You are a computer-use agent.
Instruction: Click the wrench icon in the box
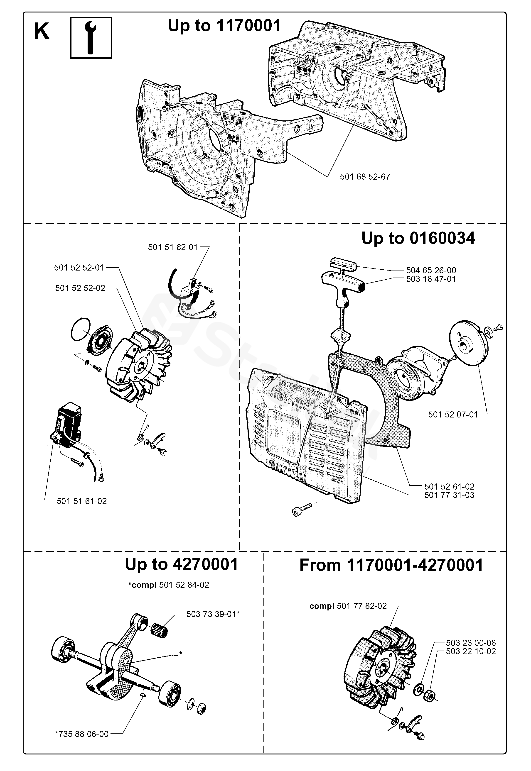91,38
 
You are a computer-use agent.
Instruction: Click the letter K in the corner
42,32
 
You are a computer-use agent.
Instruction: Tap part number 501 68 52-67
365,177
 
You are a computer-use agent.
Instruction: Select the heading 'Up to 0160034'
418,238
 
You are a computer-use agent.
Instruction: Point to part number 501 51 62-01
173,247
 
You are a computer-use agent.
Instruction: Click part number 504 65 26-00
431,270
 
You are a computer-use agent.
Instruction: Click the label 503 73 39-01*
213,614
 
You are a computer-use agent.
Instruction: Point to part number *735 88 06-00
82,734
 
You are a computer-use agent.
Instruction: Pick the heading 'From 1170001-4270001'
391,565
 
